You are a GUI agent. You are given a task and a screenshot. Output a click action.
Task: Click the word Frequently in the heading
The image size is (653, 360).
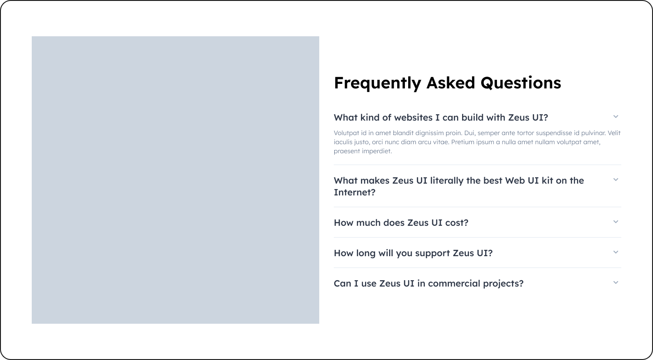(377, 83)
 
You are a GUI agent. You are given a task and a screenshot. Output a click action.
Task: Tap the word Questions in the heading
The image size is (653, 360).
(521, 83)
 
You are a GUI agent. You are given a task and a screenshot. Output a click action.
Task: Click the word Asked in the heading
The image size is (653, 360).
(451, 83)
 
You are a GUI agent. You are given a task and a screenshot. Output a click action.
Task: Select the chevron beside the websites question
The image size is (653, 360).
(616, 117)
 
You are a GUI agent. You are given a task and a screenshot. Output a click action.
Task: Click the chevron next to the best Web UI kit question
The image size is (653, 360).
(616, 180)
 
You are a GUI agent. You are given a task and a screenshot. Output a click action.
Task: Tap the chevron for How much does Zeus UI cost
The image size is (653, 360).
(616, 222)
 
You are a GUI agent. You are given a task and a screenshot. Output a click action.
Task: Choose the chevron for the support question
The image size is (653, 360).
(616, 252)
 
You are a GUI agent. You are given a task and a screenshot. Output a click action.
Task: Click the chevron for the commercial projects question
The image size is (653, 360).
(616, 282)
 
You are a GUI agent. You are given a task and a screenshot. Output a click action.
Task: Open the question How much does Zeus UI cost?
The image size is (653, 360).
(401, 223)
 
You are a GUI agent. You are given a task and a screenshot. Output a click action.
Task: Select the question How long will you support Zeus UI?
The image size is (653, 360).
(413, 253)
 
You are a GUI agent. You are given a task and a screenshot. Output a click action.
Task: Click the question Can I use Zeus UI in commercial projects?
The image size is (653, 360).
(429, 283)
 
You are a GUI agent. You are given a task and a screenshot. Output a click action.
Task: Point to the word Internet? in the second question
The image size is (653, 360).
(355, 192)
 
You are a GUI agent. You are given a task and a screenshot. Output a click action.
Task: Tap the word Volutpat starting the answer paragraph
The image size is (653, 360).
(346, 133)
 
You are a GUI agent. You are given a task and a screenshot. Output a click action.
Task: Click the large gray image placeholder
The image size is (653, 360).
(175, 180)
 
